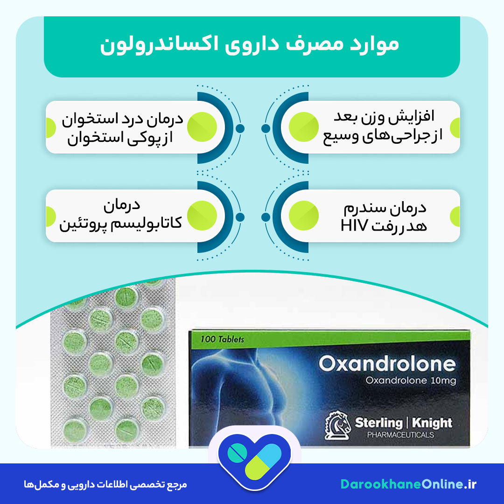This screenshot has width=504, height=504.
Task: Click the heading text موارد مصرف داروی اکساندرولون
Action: (250, 45)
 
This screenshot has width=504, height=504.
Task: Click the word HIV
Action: (355, 227)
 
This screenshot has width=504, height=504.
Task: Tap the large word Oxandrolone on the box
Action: (387, 364)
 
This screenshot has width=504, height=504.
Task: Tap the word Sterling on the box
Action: (378, 423)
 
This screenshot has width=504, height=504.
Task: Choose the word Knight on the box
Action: (433, 423)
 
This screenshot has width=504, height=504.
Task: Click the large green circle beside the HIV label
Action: (304, 215)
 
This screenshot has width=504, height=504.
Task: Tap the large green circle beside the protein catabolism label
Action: (202, 215)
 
